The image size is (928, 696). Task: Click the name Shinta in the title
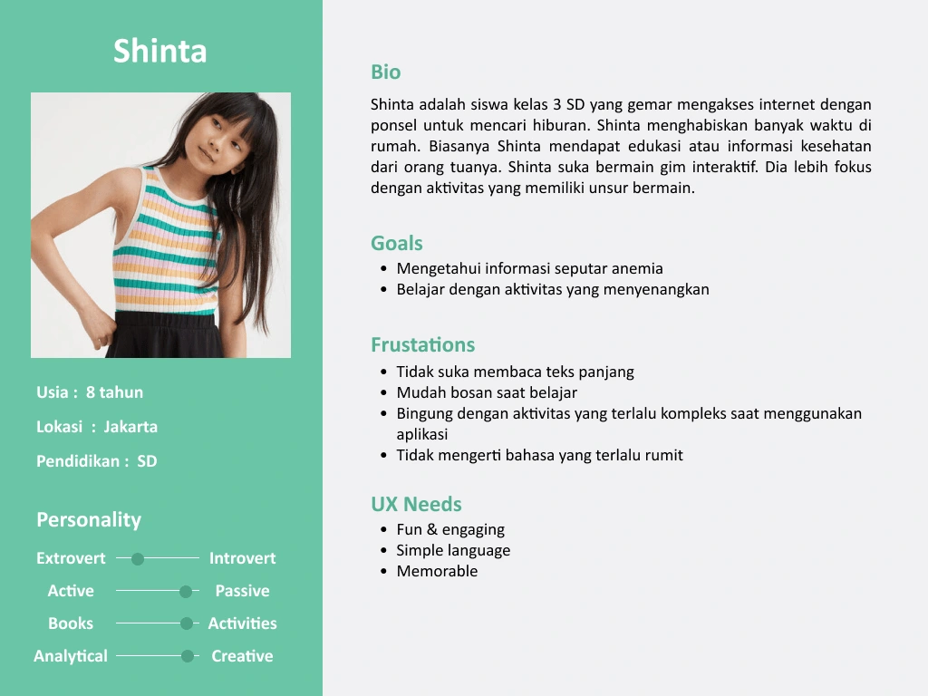[x=160, y=51]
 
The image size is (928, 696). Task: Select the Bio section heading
[x=385, y=72]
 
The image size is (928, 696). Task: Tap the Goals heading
[x=396, y=243]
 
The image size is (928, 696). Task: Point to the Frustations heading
[x=422, y=344]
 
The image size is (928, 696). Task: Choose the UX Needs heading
[x=416, y=504]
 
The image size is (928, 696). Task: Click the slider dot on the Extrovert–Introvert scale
[x=138, y=559]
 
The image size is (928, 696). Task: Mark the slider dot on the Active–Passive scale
[x=186, y=592]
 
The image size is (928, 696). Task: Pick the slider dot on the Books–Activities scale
[x=187, y=623]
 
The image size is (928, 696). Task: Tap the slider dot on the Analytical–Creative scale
[x=187, y=656]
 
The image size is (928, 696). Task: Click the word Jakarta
[x=130, y=427]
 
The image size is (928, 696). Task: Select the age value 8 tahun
[x=114, y=392]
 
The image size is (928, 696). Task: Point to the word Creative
[x=242, y=656]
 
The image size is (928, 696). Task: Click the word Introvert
[x=242, y=558]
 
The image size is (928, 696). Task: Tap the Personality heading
[x=89, y=519]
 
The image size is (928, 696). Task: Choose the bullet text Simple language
[x=453, y=550]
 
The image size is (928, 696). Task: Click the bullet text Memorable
[x=437, y=571]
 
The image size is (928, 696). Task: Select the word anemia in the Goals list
[x=636, y=268]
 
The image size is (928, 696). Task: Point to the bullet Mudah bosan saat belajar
[x=487, y=392]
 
